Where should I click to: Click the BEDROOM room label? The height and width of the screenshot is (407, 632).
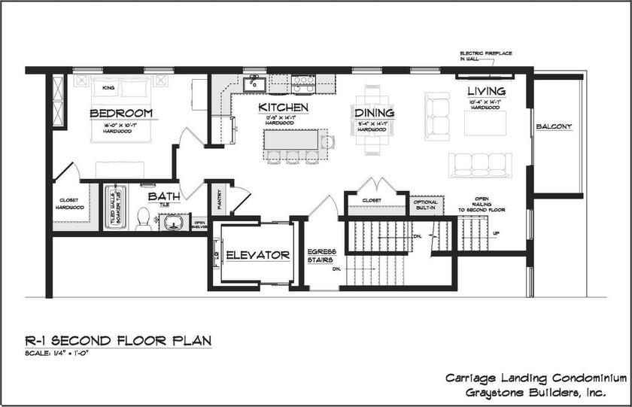121,113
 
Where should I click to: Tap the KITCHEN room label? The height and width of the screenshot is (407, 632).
283,108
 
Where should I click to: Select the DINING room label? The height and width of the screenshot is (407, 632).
375,113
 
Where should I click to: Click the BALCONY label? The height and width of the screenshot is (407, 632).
554,126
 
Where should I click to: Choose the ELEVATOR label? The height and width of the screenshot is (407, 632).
258,255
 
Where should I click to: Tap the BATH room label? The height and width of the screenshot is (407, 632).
163,196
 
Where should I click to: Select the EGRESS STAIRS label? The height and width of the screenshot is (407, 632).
322,256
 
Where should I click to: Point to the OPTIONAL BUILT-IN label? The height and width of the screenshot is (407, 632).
424,203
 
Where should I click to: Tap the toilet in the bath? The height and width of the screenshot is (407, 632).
143,218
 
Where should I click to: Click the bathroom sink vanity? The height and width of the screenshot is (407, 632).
174,222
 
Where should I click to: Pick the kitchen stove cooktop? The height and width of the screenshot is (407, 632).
302,82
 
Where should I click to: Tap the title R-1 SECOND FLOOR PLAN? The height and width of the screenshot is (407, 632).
117,341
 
